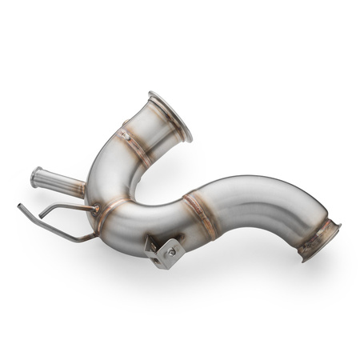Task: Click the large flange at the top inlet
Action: coord(170,116)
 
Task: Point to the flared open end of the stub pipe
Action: coord(36,177)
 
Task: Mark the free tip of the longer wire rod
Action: coord(20,206)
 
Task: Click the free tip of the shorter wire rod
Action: coord(40,217)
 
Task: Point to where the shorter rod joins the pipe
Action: coord(96,210)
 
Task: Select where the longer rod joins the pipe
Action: coord(96,234)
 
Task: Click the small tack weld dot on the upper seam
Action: coord(126,135)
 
